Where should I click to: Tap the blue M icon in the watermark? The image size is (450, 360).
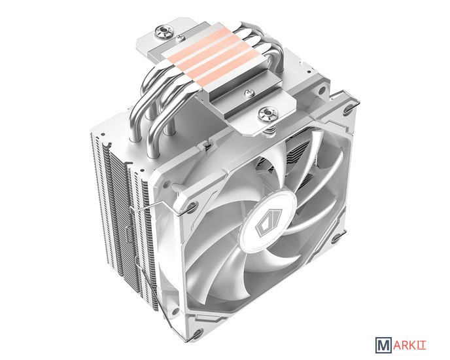coord(384,345)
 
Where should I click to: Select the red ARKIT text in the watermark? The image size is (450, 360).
coord(410,345)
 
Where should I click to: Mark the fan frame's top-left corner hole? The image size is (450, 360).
coord(191,206)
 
